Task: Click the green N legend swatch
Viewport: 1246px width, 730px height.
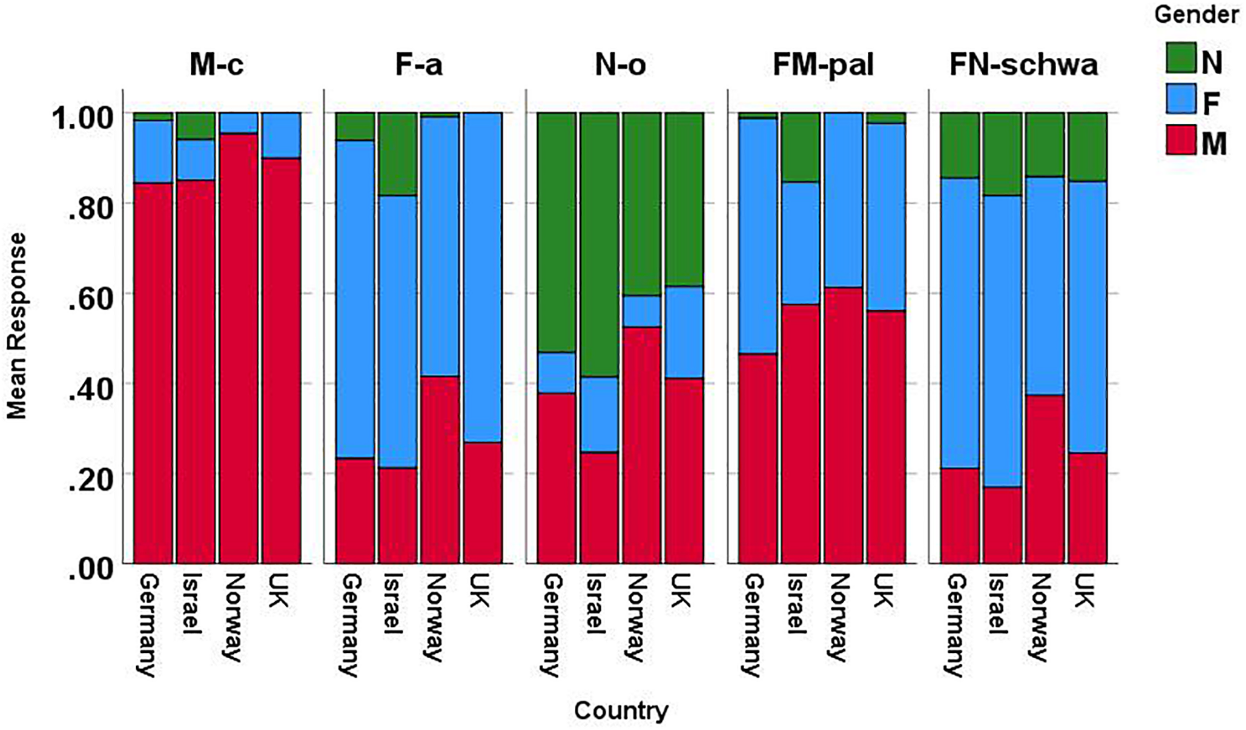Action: (x=1180, y=58)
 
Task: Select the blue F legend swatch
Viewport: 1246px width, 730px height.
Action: (x=1180, y=99)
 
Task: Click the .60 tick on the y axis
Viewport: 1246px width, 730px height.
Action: (x=89, y=294)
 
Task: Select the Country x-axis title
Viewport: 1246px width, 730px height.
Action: (x=621, y=711)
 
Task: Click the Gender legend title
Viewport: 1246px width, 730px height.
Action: (x=1196, y=15)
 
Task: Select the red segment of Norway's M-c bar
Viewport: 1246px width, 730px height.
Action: (x=239, y=349)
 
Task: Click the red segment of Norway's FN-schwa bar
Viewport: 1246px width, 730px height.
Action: (x=1044, y=478)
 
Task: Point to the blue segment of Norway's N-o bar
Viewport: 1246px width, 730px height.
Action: (x=642, y=311)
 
